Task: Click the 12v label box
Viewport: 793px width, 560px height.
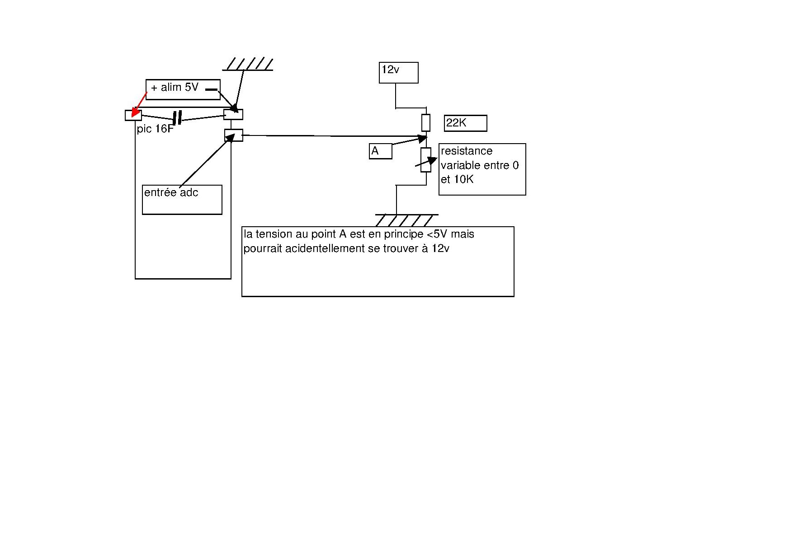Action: point(398,72)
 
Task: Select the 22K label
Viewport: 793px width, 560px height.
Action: point(465,123)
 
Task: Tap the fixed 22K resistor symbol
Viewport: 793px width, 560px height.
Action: point(425,122)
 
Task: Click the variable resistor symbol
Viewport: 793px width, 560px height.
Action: point(426,160)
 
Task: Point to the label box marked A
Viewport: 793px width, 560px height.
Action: point(380,151)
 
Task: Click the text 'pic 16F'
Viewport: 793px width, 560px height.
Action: point(155,129)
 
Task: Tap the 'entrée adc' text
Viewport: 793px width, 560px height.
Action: point(171,193)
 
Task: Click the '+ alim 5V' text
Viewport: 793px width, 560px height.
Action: point(175,87)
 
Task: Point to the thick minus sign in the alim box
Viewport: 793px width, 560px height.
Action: point(211,89)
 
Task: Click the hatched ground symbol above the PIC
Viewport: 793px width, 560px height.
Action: point(248,64)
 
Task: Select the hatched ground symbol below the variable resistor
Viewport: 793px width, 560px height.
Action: point(406,220)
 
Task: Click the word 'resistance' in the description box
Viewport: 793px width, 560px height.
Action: point(467,151)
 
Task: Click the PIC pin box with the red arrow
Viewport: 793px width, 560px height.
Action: point(133,115)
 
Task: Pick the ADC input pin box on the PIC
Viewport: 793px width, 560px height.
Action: point(233,135)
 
